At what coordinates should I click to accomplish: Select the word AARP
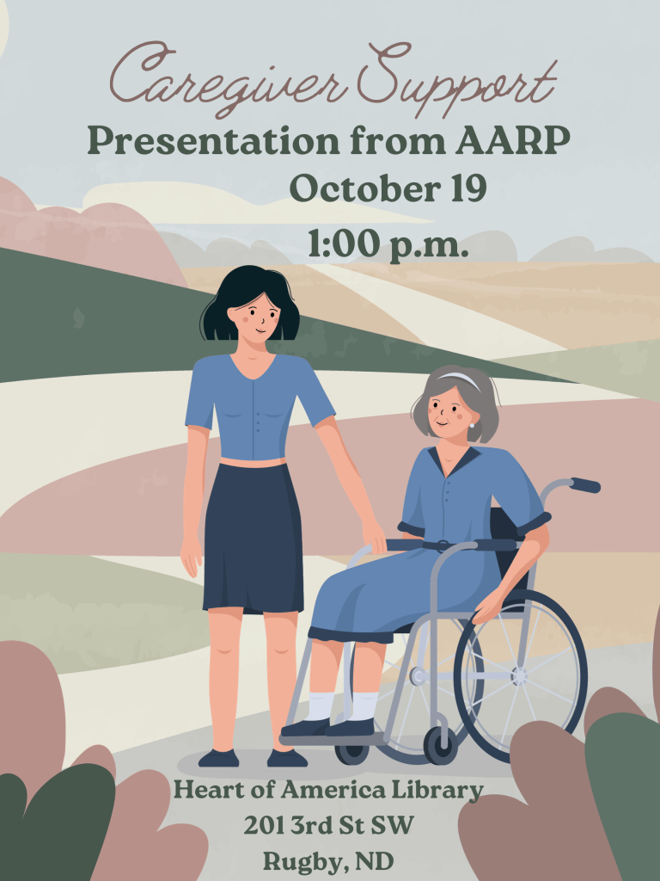click(x=512, y=140)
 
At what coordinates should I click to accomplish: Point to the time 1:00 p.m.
click(x=388, y=244)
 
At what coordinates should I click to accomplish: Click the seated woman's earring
click(x=472, y=425)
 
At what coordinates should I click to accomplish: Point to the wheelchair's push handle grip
click(x=585, y=485)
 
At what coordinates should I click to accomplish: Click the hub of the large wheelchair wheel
click(x=520, y=676)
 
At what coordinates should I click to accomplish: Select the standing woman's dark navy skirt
click(x=254, y=539)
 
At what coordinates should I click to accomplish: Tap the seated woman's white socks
click(x=342, y=706)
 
